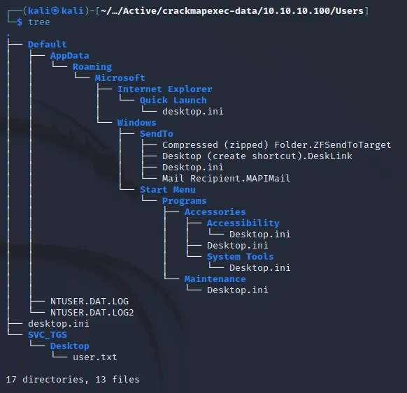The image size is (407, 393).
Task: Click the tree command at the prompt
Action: tap(39, 22)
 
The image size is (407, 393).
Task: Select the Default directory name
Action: tap(48, 44)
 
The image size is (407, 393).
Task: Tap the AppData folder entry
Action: tap(69, 56)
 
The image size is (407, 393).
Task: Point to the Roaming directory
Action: tap(92, 67)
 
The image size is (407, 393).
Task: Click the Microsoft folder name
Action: tap(120, 78)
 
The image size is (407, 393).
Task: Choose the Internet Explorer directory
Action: tap(165, 89)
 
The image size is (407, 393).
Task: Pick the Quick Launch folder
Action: tap(173, 101)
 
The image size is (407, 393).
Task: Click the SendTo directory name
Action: tap(156, 134)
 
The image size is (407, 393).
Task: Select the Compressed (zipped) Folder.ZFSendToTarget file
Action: tap(276, 145)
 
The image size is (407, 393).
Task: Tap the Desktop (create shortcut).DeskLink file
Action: tap(257, 156)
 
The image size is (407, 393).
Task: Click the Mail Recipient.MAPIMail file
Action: tap(226, 179)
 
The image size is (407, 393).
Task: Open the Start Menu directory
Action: tap(167, 190)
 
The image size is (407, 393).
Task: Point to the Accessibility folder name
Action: tap(243, 223)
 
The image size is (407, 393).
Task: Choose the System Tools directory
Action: tap(240, 257)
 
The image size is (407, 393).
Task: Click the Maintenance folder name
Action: tap(215, 279)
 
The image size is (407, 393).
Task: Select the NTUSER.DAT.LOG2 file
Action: tap(92, 313)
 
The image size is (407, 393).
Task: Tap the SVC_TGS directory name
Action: tap(48, 335)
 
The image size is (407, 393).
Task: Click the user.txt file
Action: tap(94, 357)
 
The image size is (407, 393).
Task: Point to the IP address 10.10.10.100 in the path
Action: tap(297, 11)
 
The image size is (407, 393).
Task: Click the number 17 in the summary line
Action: tap(11, 380)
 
